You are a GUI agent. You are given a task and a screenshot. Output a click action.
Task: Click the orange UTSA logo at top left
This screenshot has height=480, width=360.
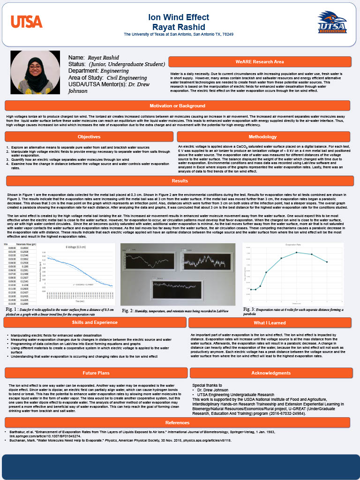27,22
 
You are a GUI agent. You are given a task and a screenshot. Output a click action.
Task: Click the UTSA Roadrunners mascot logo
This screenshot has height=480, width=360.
332,22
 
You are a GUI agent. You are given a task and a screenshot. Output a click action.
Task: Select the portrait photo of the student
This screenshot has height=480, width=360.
35,72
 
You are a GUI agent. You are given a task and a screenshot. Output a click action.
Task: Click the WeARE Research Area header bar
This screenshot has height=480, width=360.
259,62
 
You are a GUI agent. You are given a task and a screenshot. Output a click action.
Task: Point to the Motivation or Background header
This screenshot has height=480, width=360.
177,105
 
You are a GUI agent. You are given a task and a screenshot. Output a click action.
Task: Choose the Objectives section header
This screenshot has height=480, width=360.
89,136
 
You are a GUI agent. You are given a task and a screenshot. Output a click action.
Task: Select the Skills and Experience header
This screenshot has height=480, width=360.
95,322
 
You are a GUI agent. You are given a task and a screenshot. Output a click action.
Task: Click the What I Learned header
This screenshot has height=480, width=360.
270,322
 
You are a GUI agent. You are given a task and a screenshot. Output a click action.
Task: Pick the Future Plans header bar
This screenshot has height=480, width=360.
96,373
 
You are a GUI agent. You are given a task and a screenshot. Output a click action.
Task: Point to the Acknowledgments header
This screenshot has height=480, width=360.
271,373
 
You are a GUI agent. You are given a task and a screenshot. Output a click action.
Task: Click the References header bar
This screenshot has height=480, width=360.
177,422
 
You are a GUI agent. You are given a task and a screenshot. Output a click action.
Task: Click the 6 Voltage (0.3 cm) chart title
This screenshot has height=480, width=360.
75,247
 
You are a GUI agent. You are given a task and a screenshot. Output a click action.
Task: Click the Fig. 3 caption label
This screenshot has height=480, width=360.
249,309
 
